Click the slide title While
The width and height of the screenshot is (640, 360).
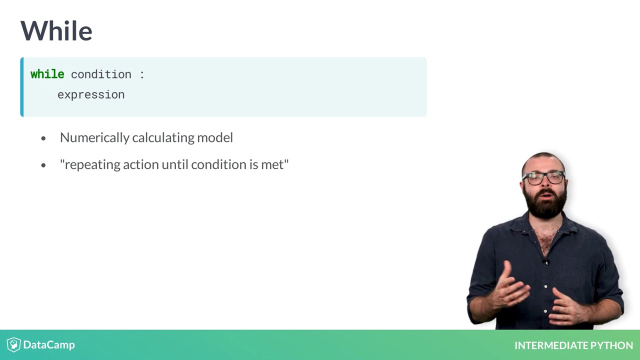56,31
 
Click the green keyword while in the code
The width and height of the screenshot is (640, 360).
47,74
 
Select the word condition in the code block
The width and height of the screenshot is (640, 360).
101,74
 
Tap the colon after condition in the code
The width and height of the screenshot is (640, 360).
142,74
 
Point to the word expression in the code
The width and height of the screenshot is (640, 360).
91,94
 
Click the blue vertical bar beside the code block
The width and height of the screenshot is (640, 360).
22,87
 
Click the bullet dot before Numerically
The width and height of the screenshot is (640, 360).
43,138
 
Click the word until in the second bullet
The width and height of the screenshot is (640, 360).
175,164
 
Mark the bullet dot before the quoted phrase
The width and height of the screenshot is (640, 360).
43,165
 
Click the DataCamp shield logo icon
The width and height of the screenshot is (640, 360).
13,345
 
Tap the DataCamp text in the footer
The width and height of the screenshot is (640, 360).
49,345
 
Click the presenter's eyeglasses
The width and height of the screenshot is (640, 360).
543,177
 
